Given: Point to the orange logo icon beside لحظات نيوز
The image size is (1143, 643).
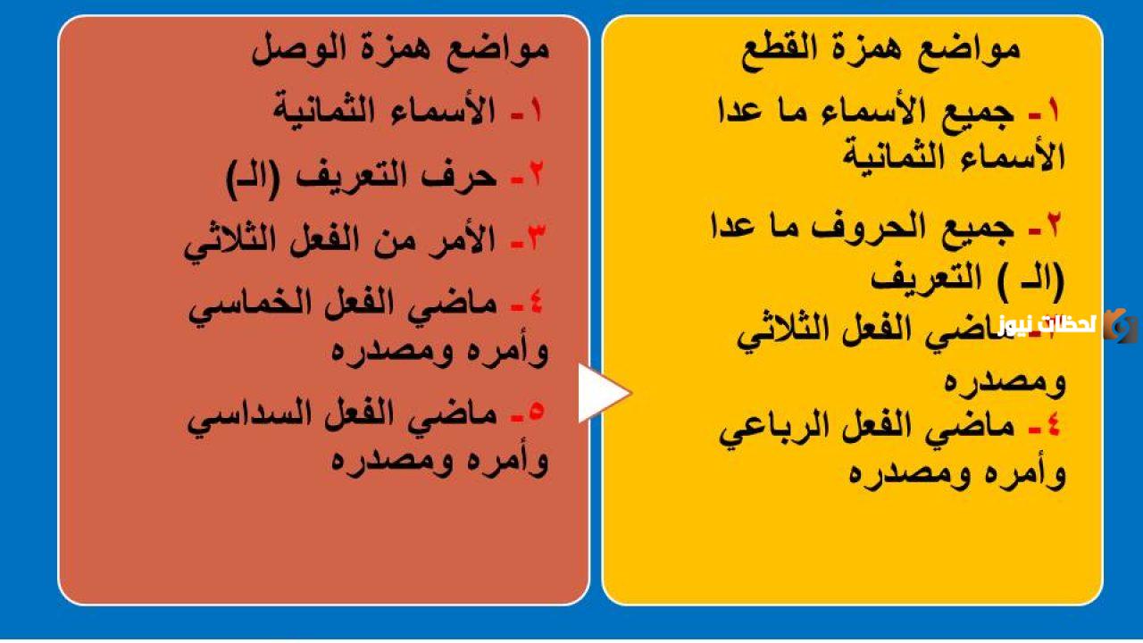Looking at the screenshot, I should click(x=1119, y=325).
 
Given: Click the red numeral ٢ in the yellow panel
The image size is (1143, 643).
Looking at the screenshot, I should click(x=1055, y=225).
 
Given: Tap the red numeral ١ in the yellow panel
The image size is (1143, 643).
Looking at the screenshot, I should click(x=1055, y=111).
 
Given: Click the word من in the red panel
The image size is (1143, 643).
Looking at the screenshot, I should click(x=385, y=239).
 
